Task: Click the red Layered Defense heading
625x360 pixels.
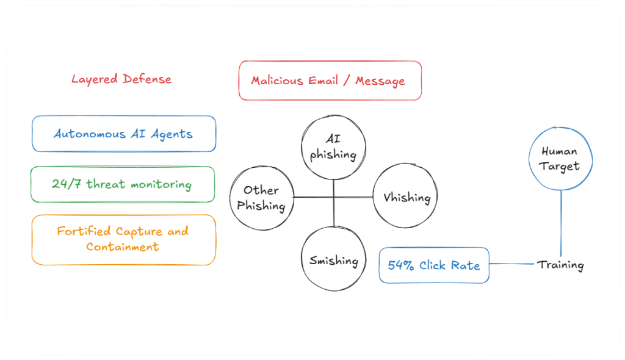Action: click(x=121, y=79)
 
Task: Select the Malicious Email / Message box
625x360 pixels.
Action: click(x=330, y=81)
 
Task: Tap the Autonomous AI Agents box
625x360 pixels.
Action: click(x=123, y=134)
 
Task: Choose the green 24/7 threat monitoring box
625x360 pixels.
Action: click(x=122, y=184)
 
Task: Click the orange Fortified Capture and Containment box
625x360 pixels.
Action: click(x=123, y=239)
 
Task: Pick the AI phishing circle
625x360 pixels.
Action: click(x=333, y=147)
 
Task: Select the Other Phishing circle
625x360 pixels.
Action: click(x=261, y=198)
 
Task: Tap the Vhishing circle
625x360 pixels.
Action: click(x=406, y=198)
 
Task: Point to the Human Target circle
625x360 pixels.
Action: click(x=560, y=159)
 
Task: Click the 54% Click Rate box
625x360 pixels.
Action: click(x=434, y=265)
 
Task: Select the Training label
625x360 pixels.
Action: click(x=560, y=265)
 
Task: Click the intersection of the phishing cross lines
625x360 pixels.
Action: click(x=334, y=197)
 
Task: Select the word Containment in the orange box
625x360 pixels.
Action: click(x=123, y=247)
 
